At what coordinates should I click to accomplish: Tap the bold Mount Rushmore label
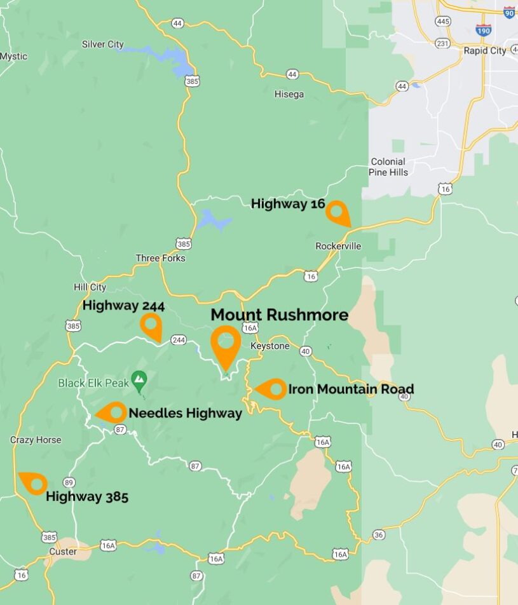click(x=279, y=315)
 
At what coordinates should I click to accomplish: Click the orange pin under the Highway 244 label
click(x=151, y=326)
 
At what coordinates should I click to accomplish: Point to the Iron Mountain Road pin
click(x=272, y=389)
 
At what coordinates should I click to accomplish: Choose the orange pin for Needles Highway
click(x=113, y=412)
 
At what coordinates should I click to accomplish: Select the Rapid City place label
click(x=484, y=50)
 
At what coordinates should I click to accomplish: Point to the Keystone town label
click(x=269, y=346)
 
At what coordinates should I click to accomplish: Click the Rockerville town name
click(x=337, y=246)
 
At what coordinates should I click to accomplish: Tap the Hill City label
click(x=90, y=287)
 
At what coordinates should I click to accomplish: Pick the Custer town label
click(x=63, y=552)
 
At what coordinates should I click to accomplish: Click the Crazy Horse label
click(x=36, y=440)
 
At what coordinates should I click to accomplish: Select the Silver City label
click(x=102, y=44)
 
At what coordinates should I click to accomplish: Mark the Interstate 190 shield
click(x=483, y=29)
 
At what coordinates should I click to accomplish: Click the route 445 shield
click(x=443, y=22)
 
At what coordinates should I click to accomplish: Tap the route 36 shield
click(x=379, y=534)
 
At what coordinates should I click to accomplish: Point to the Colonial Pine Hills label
click(x=388, y=167)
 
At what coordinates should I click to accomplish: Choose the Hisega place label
click(x=289, y=94)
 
